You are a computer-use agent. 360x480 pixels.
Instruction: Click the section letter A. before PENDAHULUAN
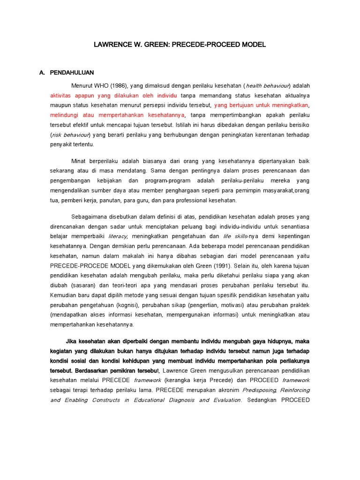tap(42, 73)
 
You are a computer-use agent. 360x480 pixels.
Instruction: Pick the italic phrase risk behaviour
tap(72, 135)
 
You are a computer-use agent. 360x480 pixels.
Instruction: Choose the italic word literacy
tap(117, 237)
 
